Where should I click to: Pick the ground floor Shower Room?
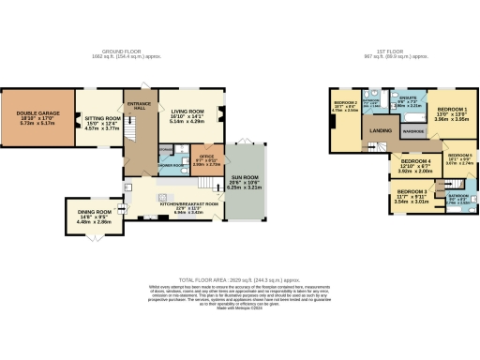170,158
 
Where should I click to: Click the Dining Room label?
94,217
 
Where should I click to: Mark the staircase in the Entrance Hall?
142,150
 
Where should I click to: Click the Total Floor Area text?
239,279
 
